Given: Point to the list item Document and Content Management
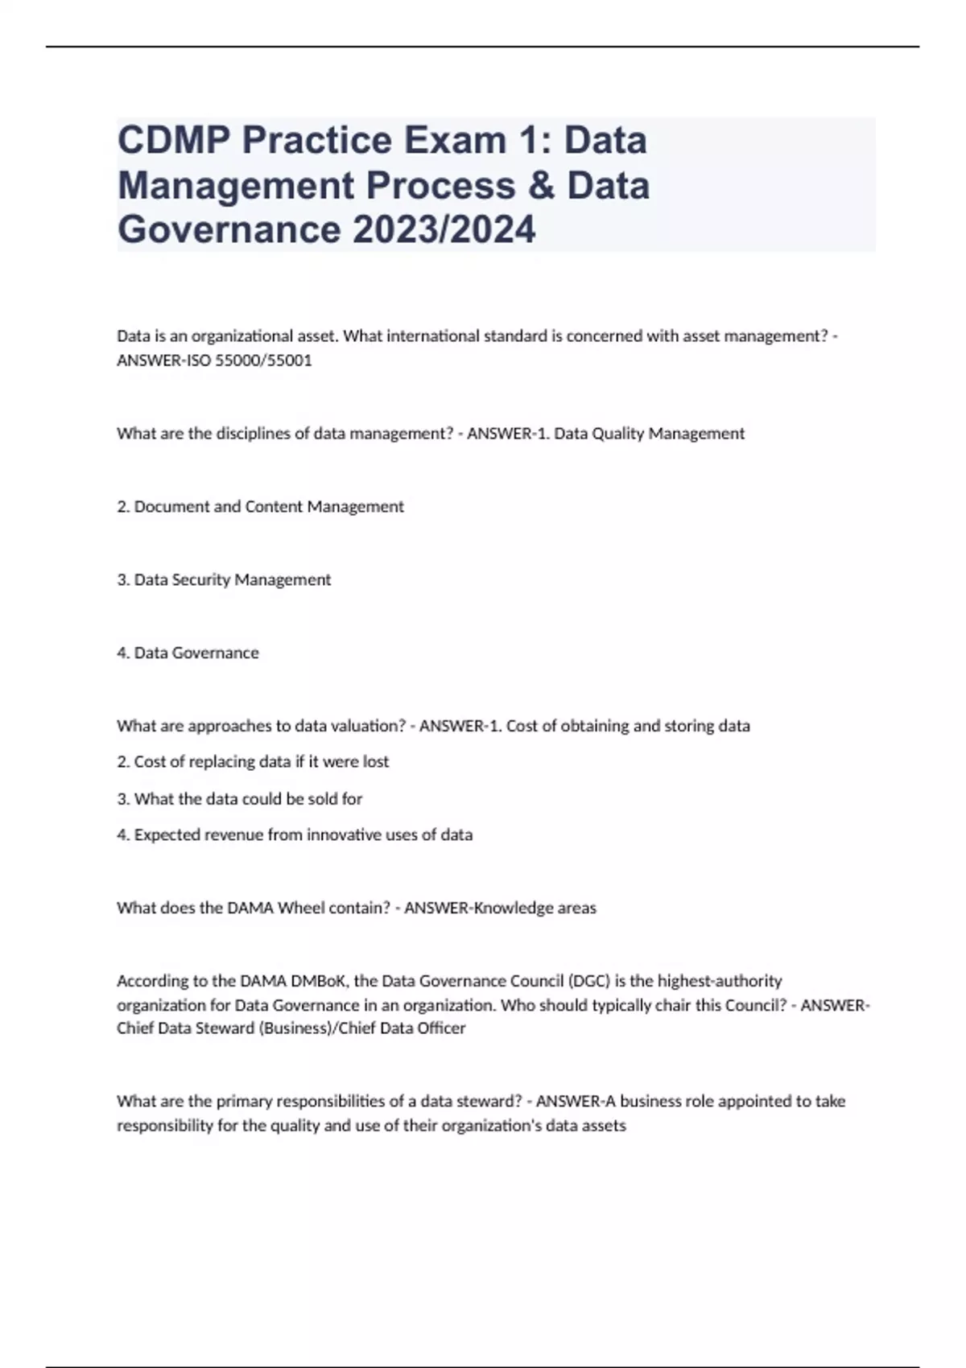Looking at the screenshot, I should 260,506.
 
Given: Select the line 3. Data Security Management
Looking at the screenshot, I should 224,579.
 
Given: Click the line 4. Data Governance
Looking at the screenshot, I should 188,653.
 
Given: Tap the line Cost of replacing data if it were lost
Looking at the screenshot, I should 253,761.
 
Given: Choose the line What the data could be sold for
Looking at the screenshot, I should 240,798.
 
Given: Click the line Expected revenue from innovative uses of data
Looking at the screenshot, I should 295,834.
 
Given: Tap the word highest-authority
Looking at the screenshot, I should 719,981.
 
